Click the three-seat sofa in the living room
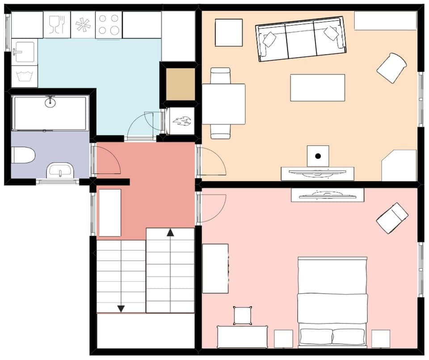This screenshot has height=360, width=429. tap(301, 39)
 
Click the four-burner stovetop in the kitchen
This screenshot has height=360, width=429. tap(109, 24)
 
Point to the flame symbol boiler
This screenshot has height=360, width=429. tap(182, 121)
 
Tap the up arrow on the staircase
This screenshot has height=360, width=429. tap(170, 232)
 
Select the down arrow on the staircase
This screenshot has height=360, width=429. tap(121, 308)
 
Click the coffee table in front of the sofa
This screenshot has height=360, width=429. tap(317, 88)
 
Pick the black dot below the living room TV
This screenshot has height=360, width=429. tap(318, 156)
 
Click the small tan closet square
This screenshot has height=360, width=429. tap(181, 84)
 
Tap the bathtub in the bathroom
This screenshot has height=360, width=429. tap(50, 113)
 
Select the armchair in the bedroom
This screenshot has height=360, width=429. tap(392, 218)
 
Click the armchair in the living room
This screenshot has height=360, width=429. tap(391, 67)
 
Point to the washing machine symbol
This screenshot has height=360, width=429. tap(24, 76)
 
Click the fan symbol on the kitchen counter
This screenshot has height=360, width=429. tap(83, 25)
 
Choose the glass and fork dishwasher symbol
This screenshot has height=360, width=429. tap(57, 24)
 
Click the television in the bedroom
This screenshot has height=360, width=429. tap(327, 194)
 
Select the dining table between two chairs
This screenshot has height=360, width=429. tap(223, 104)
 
